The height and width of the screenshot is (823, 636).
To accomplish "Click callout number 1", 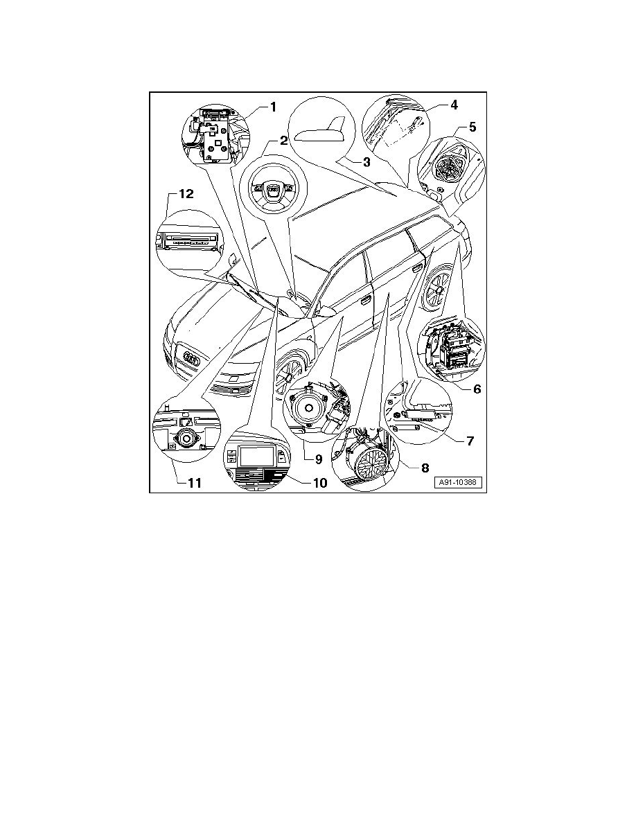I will click(x=273, y=107).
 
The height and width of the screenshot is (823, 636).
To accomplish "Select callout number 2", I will click(x=283, y=141).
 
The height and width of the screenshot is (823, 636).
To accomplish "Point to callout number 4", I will click(x=454, y=106).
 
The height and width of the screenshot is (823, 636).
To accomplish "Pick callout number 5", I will click(x=472, y=127).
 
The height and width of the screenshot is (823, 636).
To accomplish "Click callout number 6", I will click(x=477, y=389).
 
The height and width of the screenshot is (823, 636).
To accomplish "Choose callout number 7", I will click(x=470, y=440).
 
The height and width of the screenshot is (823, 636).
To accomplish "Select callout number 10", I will click(x=319, y=482).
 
